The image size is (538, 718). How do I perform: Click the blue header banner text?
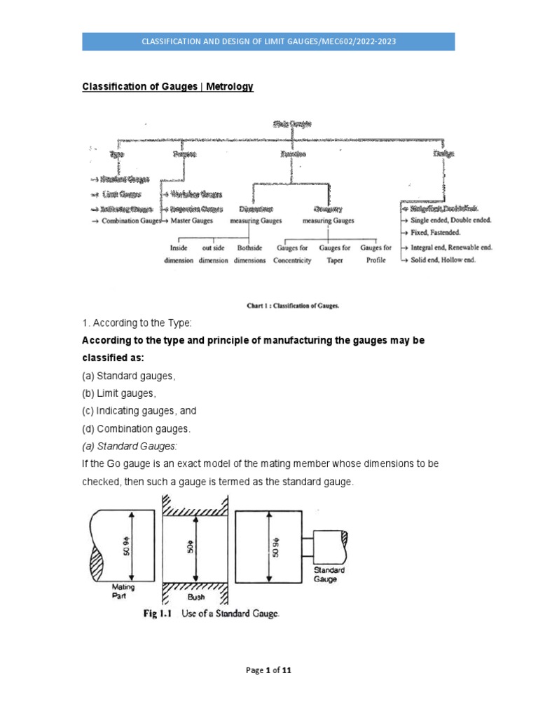268,41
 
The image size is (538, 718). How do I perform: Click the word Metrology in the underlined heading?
230,86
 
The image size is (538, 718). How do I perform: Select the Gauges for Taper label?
334,254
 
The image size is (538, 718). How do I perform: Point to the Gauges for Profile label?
375,254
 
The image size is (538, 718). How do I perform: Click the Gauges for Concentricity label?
292,254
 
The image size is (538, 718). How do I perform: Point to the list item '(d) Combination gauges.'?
136,428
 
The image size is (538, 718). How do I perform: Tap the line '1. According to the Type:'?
132,323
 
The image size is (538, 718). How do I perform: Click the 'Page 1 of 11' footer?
268,670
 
